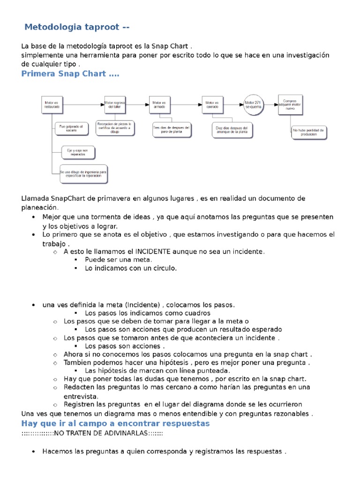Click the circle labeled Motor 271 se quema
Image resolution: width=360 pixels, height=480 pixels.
(254, 105)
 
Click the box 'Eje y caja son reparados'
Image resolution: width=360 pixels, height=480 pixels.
(78, 152)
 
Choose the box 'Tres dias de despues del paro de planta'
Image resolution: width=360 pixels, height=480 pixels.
(172, 129)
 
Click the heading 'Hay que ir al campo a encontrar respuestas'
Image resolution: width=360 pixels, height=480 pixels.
(116, 423)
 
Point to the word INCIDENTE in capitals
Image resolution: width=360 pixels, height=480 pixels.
(155, 251)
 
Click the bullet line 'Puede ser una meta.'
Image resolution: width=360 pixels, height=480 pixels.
(119, 260)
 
